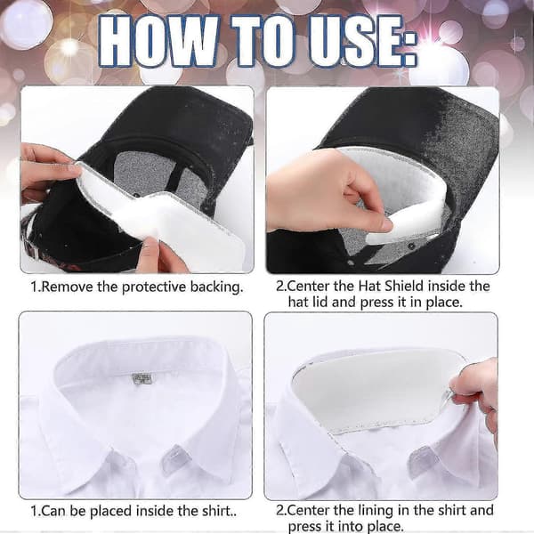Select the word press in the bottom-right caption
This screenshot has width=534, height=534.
[304, 527]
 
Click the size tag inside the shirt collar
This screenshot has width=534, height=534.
[142, 378]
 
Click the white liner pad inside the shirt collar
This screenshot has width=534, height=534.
[375, 392]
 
